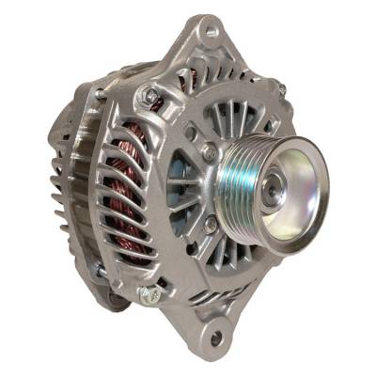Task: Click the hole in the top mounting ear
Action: pyautogui.click(x=211, y=31)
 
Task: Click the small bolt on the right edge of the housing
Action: pyautogui.click(x=281, y=91)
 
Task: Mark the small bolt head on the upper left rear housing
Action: pyautogui.click(x=101, y=94)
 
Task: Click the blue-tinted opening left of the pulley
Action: pyautogui.click(x=180, y=188)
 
